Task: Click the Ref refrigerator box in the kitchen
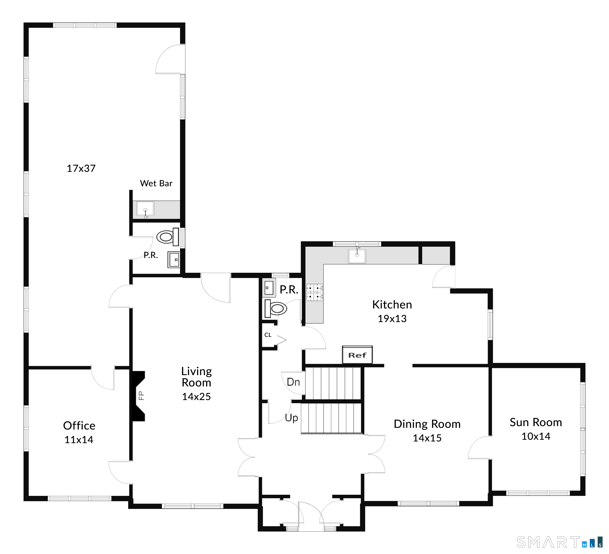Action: pyautogui.click(x=357, y=355)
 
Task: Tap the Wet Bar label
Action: pyautogui.click(x=156, y=183)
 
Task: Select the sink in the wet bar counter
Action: pyautogui.click(x=145, y=209)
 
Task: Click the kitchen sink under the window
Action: pyautogui.click(x=357, y=255)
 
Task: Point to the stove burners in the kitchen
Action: pyautogui.click(x=314, y=292)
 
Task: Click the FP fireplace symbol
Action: pyautogui.click(x=138, y=396)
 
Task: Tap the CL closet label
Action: pyautogui.click(x=268, y=335)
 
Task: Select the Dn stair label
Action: pyautogui.click(x=293, y=382)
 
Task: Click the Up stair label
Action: pyautogui.click(x=291, y=418)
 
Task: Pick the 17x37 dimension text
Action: pyautogui.click(x=81, y=168)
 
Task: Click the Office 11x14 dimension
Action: pyautogui.click(x=79, y=439)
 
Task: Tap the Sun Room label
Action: pyautogui.click(x=536, y=422)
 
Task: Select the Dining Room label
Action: pyautogui.click(x=427, y=424)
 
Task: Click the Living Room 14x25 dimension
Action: pyautogui.click(x=196, y=396)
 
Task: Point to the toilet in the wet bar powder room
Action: pyautogui.click(x=168, y=237)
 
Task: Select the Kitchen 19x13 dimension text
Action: pyautogui.click(x=392, y=318)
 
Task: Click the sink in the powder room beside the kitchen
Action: pyautogui.click(x=269, y=288)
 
